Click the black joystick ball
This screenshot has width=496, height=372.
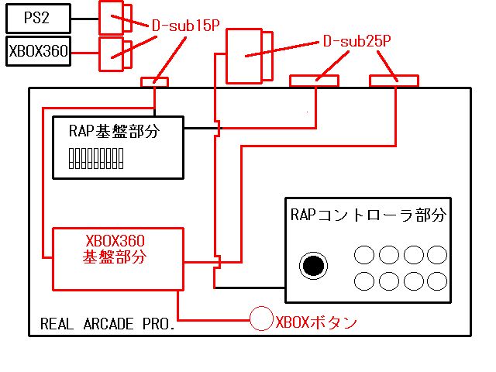[312, 266]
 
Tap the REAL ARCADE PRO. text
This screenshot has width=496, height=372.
[107, 324]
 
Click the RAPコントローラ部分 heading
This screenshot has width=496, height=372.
[369, 213]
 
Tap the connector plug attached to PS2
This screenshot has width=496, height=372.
[112, 14]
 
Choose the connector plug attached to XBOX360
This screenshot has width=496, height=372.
[111, 50]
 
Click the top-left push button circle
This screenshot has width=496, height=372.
[364, 256]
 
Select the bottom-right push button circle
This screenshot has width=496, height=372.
[437, 281]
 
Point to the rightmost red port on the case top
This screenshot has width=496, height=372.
[394, 80]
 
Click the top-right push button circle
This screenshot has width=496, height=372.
[437, 256]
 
